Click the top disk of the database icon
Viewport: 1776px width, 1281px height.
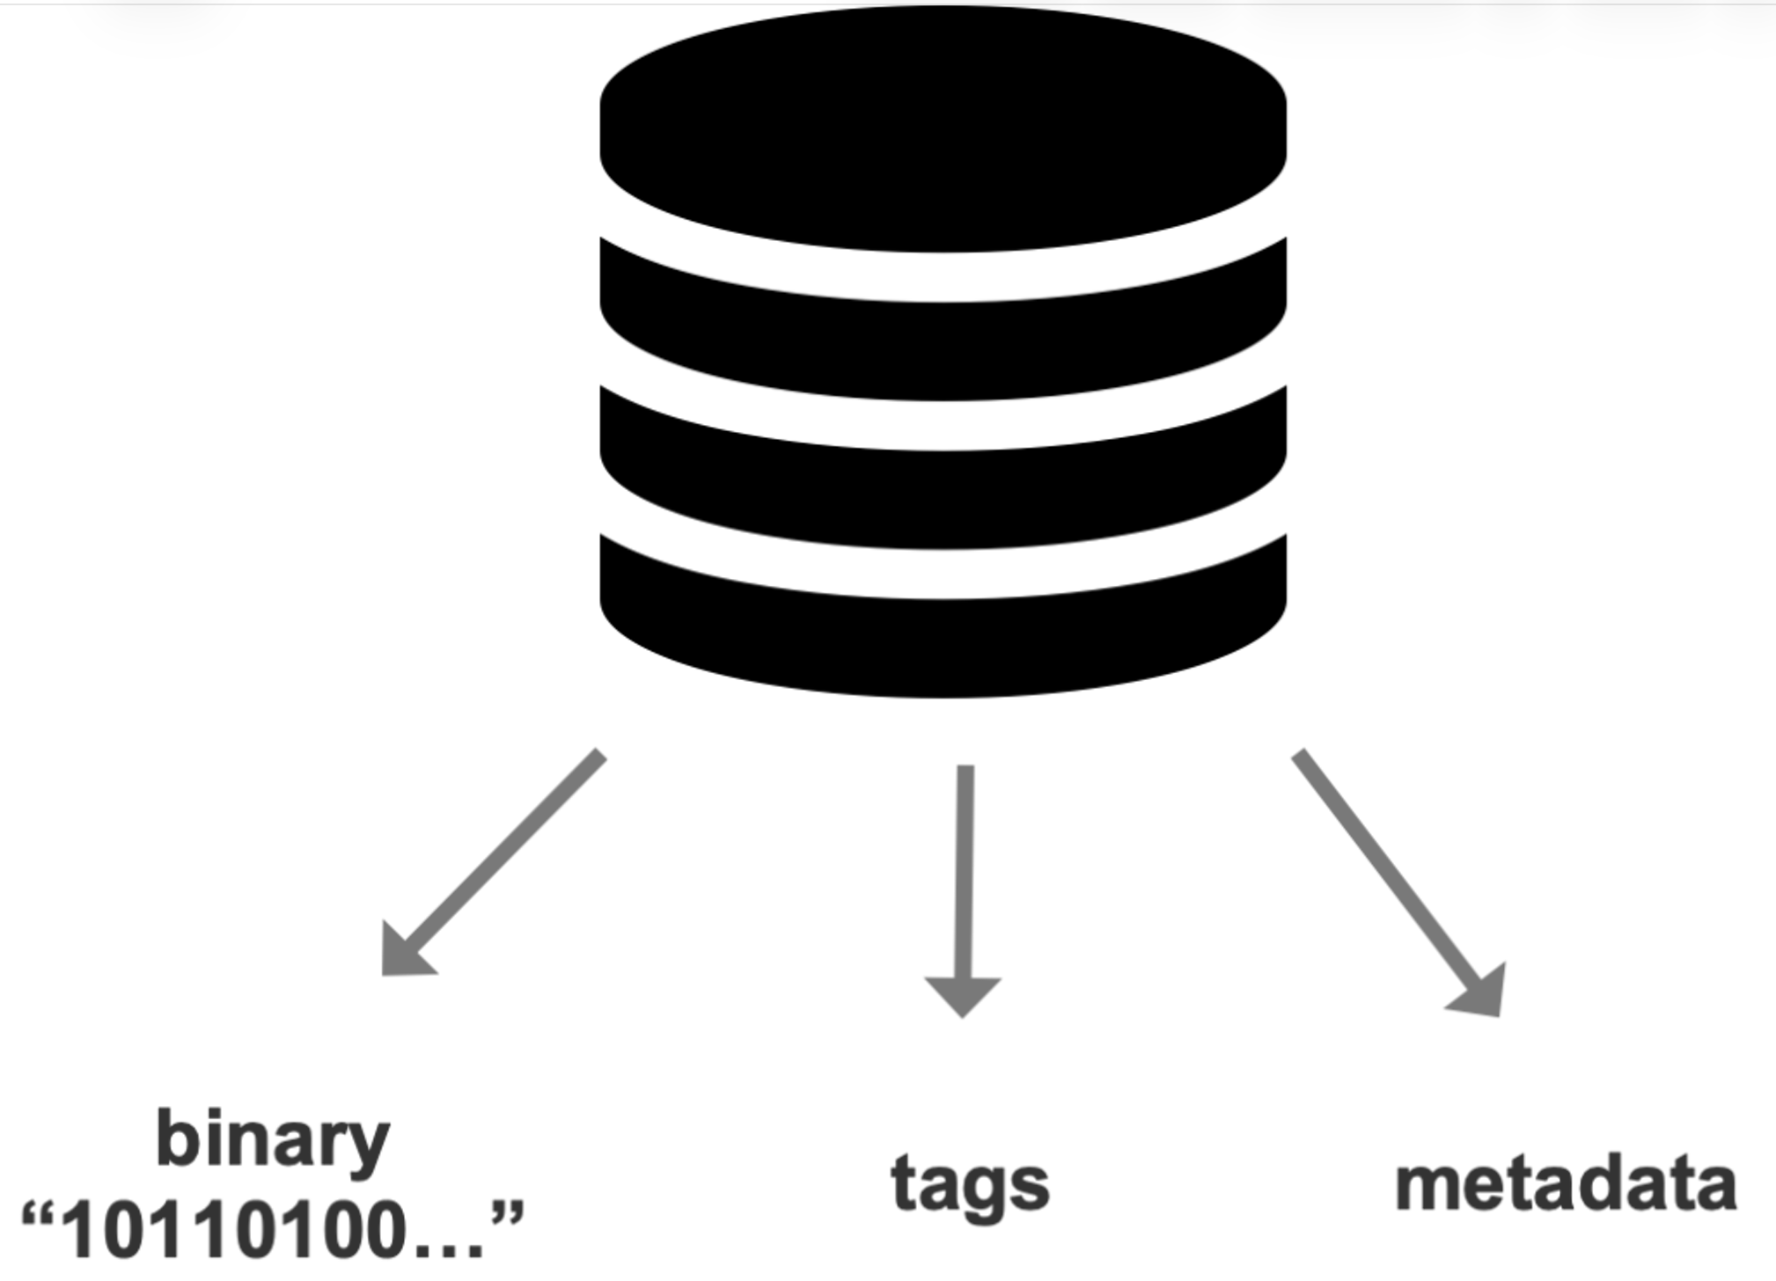943,132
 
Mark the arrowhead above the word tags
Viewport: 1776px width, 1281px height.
963,994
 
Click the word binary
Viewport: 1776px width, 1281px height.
273,1141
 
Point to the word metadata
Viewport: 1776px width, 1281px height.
1566,1183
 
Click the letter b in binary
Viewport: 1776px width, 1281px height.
173,1137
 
